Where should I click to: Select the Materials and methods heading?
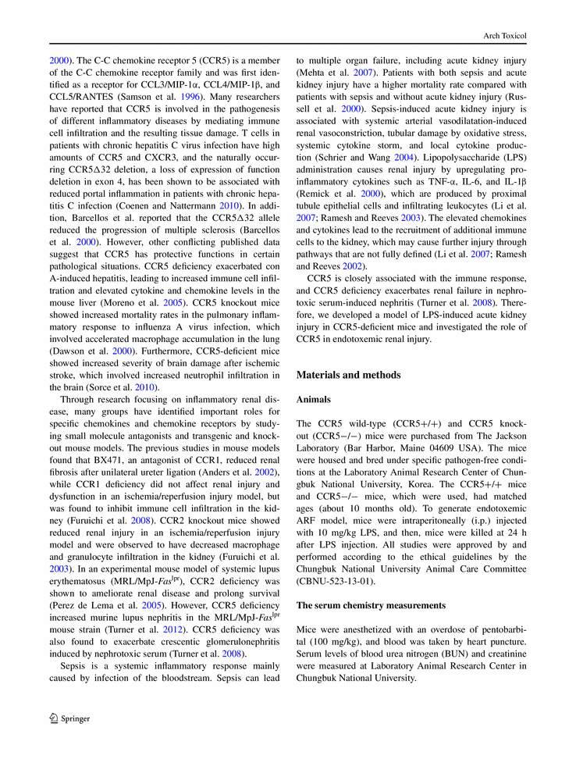(x=349, y=375)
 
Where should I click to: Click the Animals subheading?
(x=314, y=399)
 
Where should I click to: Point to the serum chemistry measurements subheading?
(x=371, y=605)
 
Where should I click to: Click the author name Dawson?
(x=69, y=352)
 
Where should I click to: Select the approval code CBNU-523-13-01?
(x=334, y=582)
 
